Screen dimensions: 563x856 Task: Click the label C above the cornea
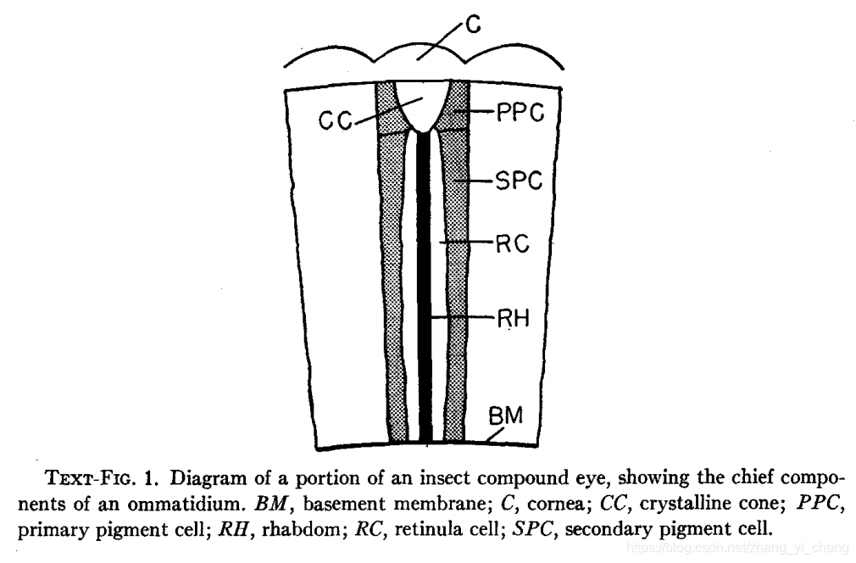coord(473,25)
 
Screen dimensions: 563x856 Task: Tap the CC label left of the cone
coord(336,121)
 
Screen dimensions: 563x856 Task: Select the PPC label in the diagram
coord(519,113)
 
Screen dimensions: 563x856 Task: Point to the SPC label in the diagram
coord(519,180)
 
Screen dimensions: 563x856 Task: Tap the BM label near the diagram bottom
coord(506,415)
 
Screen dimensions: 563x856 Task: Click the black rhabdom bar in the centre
coord(425,288)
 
